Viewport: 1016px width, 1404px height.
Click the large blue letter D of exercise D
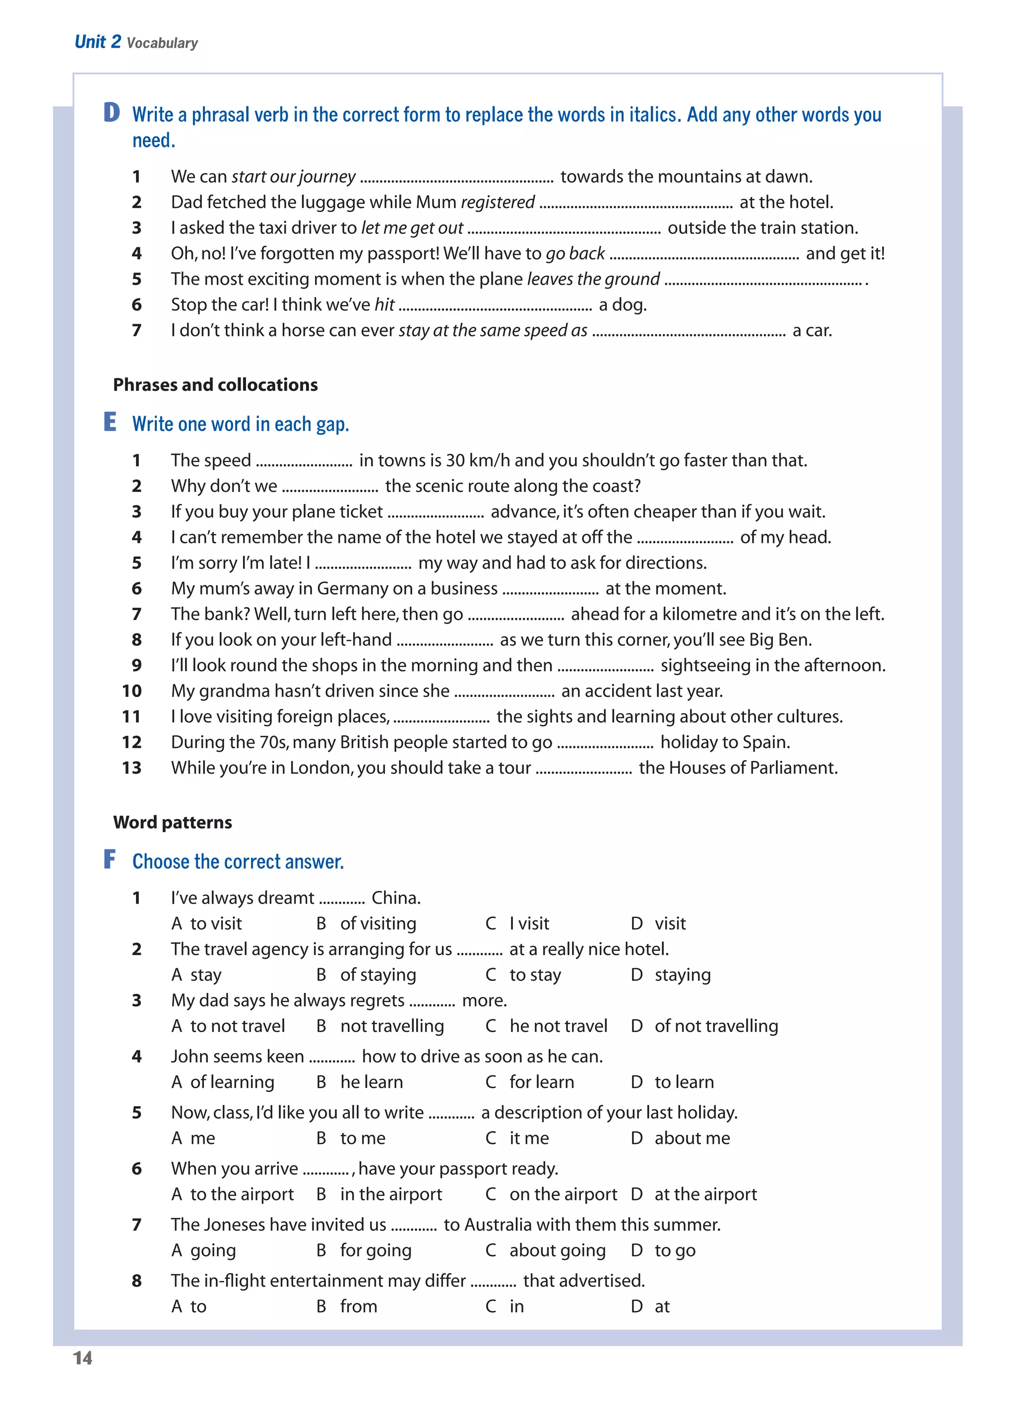click(x=112, y=113)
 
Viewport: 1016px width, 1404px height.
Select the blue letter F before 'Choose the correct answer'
click(x=110, y=859)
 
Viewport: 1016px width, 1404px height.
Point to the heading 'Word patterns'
click(x=173, y=822)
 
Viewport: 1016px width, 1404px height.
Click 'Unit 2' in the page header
click(x=98, y=42)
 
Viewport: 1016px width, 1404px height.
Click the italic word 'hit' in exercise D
click(x=384, y=304)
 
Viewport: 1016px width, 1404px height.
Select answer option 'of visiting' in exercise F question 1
click(x=378, y=923)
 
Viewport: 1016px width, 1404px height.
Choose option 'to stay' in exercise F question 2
click(x=535, y=975)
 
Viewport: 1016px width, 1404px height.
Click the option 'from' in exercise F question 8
click(x=358, y=1306)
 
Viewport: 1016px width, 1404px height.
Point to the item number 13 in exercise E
click(x=132, y=768)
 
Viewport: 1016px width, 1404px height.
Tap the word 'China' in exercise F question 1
click(x=394, y=898)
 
